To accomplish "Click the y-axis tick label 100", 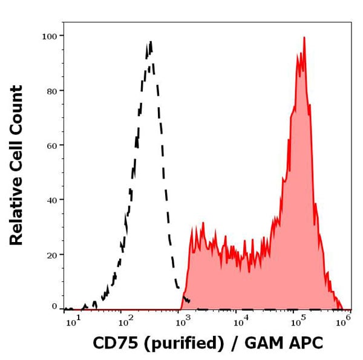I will point(49,36).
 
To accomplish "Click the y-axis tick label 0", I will point(54,307).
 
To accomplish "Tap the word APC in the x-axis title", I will point(307,344).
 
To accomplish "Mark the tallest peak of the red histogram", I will point(304,38).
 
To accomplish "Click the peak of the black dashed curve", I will point(150,42).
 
